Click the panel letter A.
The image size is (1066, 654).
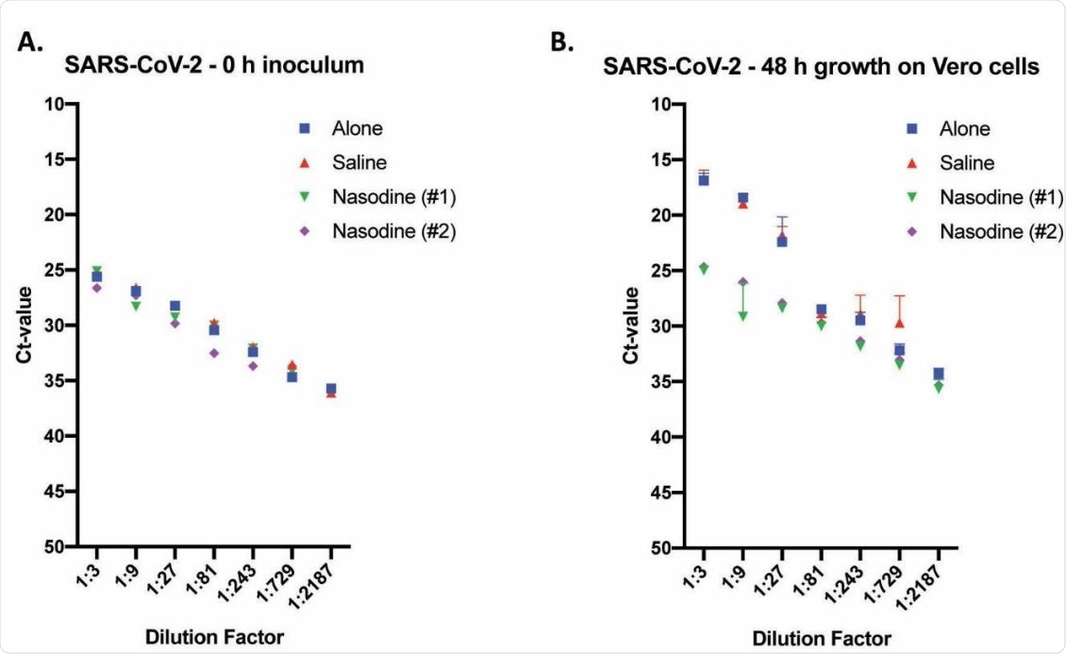(31, 43)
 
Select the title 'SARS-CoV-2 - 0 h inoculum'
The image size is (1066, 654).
(214, 67)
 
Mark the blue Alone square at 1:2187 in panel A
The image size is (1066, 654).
(331, 389)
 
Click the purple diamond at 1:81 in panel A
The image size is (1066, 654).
(213, 353)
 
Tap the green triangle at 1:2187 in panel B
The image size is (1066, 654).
(939, 387)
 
